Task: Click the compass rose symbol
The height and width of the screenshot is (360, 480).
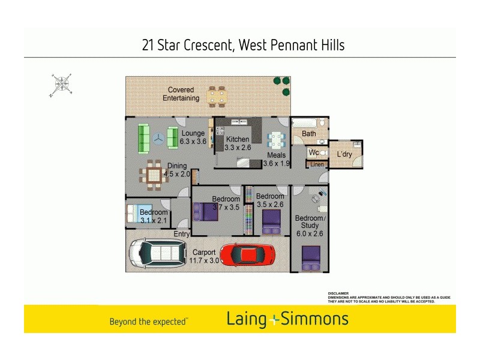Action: [61, 85]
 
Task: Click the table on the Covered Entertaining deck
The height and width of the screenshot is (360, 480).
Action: [217, 96]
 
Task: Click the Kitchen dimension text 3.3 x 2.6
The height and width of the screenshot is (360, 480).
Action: [237, 148]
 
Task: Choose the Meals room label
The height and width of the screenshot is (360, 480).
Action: [277, 155]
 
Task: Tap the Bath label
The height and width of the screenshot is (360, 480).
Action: [309, 134]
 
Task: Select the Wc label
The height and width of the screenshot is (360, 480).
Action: [314, 153]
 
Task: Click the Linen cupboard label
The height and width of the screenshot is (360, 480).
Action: [317, 164]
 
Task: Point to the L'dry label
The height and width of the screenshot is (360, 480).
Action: [344, 155]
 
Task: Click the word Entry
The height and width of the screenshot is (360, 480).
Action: [181, 234]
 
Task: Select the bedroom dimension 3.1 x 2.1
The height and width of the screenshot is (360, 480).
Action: [154, 220]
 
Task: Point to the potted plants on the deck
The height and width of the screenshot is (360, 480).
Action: [281, 81]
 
